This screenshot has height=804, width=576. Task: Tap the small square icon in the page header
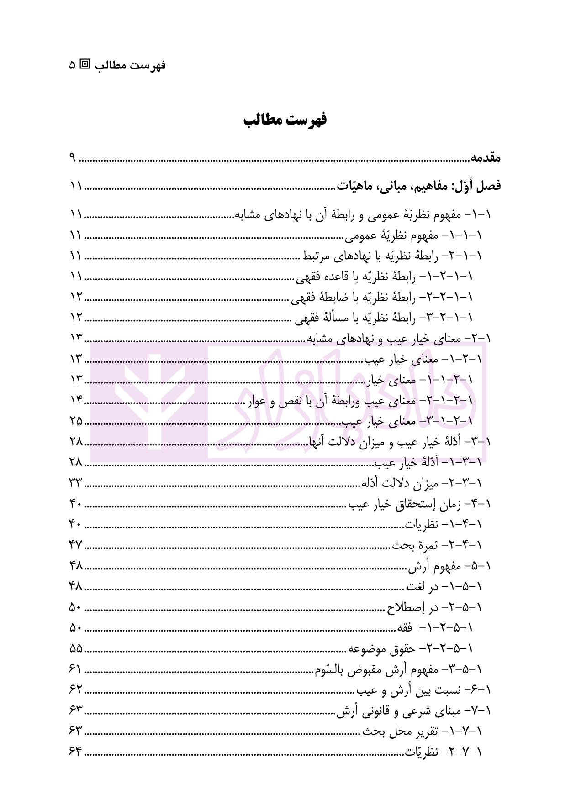[x=85, y=64]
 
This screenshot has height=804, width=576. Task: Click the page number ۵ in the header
[x=73, y=65]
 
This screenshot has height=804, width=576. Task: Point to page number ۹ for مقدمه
[x=73, y=158]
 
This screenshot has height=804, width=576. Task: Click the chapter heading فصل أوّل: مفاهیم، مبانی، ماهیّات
[x=418, y=186]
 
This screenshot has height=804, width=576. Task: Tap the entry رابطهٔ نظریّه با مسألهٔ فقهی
[x=384, y=317]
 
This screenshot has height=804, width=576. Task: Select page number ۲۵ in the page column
[x=76, y=421]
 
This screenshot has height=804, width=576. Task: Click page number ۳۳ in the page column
[x=76, y=483]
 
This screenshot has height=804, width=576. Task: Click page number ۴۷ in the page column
[x=76, y=545]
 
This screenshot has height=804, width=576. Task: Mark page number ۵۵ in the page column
[x=76, y=648]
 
